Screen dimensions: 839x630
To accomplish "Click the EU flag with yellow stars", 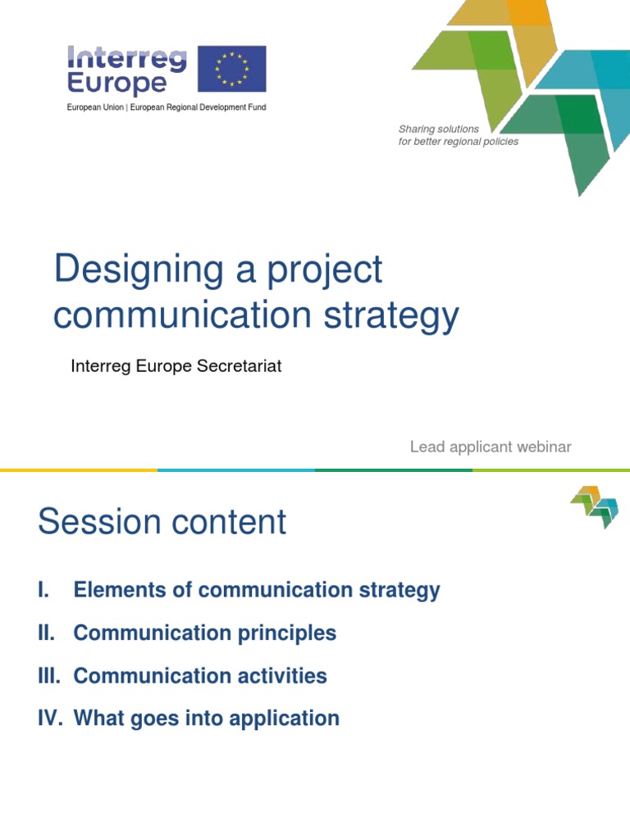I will (231, 70).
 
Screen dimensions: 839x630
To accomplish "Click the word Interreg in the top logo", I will (126, 58).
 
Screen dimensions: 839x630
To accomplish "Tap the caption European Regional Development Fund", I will (198, 107).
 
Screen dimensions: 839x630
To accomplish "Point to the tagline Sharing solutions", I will (438, 129).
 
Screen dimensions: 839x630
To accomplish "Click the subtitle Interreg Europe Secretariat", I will (176, 366).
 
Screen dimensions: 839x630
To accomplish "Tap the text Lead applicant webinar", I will (491, 447).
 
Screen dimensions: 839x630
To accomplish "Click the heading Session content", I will (162, 522).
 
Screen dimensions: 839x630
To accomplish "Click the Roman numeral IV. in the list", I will (50, 719).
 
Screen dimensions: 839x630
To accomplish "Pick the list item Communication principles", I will (204, 633).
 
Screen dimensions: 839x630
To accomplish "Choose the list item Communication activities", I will (200, 676).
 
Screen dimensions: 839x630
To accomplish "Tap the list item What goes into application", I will (206, 719).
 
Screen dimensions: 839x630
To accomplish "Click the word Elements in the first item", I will (112, 590).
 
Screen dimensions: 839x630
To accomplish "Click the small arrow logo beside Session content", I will (595, 506).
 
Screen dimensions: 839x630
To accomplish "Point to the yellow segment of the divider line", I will (78, 470).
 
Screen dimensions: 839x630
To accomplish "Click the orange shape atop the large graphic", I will (530, 12).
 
